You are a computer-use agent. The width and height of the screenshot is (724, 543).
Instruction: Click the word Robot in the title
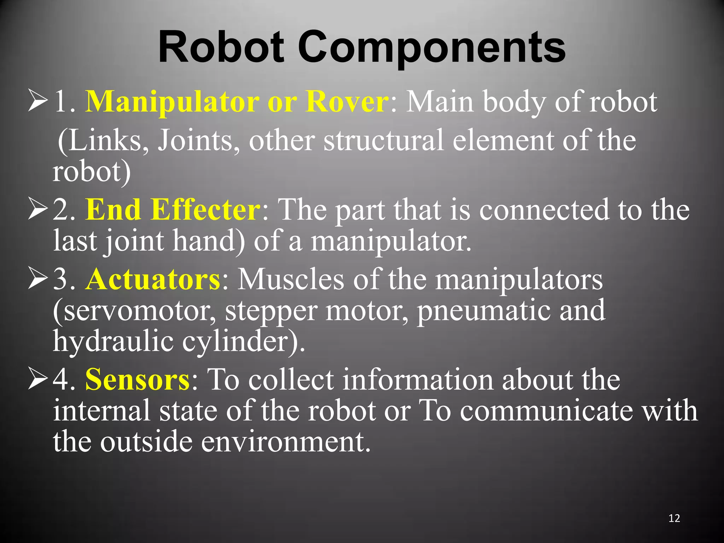[221, 48]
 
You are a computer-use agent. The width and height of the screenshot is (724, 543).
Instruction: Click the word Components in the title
[432, 48]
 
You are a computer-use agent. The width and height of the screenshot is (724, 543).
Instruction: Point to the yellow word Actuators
[153, 280]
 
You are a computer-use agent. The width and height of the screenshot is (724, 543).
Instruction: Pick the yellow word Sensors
[138, 380]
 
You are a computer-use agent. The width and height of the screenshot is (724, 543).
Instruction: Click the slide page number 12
[674, 518]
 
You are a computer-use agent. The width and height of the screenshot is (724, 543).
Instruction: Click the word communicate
[546, 411]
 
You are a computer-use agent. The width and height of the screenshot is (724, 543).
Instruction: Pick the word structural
[383, 141]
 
